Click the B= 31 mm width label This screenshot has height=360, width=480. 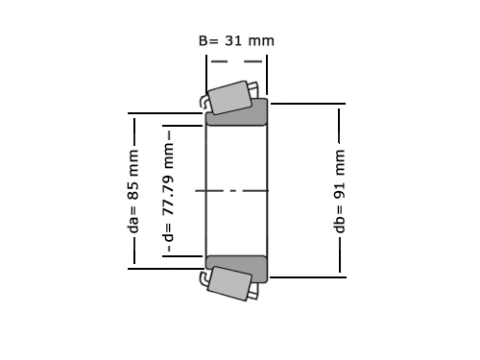pos(236,41)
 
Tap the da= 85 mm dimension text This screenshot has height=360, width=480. pos(133,191)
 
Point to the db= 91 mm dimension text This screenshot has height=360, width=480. pos(339,191)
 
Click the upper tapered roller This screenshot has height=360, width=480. pos(229,98)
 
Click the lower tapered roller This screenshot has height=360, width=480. pos(229,283)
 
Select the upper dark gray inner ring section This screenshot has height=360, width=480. pos(236,112)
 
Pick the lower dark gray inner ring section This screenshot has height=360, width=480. pos(236,269)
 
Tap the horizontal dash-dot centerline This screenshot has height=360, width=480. pos(231,191)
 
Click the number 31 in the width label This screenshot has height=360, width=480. pos(233,41)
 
